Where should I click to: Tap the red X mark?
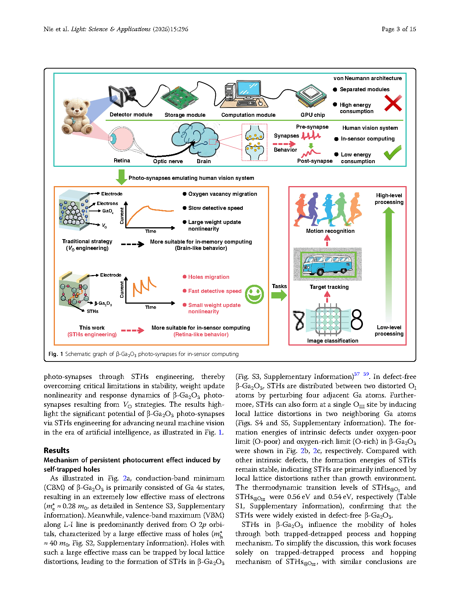pyautogui.click(x=393, y=103)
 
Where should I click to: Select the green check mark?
pyautogui.click(x=392, y=152)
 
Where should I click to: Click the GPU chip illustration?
pyautogui.click(x=311, y=96)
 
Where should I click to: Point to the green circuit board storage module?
pyautogui.click(x=179, y=98)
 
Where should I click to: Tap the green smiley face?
pyautogui.click(x=254, y=294)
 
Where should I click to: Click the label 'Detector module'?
pyautogui.click(x=131, y=115)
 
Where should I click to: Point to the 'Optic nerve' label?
pyautogui.click(x=168, y=161)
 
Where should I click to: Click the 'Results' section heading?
pyautogui.click(x=56, y=450)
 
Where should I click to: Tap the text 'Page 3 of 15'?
pyautogui.click(x=398, y=29)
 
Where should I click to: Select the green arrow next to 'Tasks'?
pyautogui.click(x=279, y=295)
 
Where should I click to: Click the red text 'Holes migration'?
pyautogui.click(x=208, y=277)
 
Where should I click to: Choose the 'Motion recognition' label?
pyautogui.click(x=330, y=231)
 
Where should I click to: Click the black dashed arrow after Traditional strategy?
pyautogui.click(x=132, y=244)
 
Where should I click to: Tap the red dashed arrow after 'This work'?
pyautogui.click(x=132, y=330)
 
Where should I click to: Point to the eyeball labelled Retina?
pyautogui.click(x=121, y=139)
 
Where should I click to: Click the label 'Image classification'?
pyautogui.click(x=332, y=340)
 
